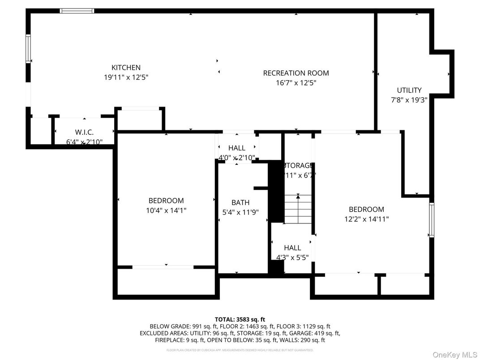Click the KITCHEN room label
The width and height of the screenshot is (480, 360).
coord(126,68)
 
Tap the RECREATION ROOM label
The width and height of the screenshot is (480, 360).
coord(296,73)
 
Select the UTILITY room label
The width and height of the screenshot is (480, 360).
coord(409,90)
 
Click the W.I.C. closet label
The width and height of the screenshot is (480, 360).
coord(84,133)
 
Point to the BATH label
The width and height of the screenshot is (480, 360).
coord(240,202)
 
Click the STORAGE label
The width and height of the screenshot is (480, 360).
coord(298,165)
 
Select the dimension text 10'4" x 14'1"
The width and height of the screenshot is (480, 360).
coord(166,210)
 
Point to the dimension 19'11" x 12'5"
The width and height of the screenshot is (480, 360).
coord(126,77)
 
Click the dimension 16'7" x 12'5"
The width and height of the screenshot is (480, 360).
coord(296,83)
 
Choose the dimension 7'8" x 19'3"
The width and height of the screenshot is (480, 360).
coord(409,100)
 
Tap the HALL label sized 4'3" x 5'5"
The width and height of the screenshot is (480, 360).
coord(292,248)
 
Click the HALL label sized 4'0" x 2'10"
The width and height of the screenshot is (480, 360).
coord(236,148)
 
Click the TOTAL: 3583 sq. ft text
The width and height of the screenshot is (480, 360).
coord(240,319)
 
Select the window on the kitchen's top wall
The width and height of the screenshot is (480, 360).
coord(77,11)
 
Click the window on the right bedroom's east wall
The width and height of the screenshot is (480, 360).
coord(432,219)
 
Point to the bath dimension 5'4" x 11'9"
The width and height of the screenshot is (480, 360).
coord(240,212)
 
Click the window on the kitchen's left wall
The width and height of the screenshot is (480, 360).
coord(28,48)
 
